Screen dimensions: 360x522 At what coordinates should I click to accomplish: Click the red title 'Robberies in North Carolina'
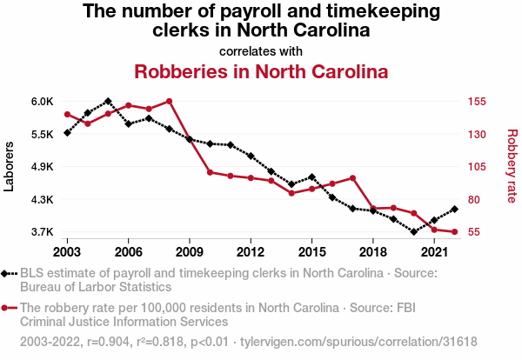261,71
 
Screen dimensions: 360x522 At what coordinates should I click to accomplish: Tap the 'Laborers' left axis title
10,166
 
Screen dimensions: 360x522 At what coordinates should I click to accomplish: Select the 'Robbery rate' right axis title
512,166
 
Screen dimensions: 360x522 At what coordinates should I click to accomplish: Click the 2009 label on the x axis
189,252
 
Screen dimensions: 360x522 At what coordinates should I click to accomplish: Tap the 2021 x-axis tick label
434,252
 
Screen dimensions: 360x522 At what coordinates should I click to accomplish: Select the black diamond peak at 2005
108,101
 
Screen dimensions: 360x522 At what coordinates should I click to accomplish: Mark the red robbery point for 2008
169,101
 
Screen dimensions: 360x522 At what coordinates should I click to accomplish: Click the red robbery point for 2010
210,172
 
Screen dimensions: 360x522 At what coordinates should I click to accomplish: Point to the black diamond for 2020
414,231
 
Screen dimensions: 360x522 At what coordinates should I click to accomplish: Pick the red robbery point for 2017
352,178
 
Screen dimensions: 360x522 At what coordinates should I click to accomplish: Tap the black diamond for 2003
67,132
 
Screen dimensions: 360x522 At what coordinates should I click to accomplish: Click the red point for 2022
454,232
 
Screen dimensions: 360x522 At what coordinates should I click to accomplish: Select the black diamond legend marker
10,273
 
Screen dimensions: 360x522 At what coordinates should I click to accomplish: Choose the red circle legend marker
10,308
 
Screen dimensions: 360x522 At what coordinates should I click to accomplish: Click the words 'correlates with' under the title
261,50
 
